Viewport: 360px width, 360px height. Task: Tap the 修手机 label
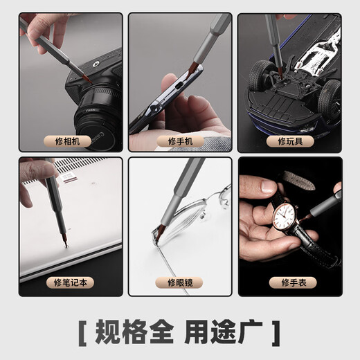[x=180, y=141]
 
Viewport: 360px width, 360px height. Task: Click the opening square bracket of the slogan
[x=82, y=331]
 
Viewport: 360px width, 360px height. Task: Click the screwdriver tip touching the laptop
[x=64, y=243]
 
